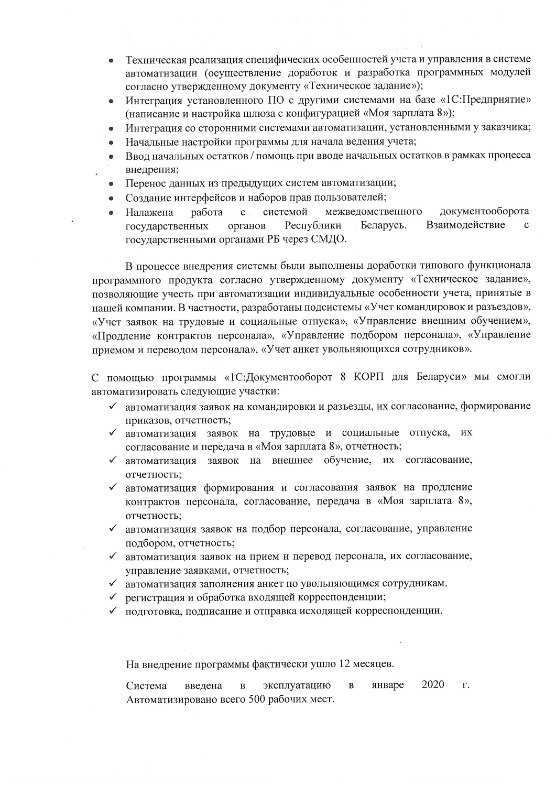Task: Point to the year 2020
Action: click(432, 685)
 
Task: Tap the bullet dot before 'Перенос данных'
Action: click(111, 184)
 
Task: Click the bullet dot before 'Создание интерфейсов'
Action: click(111, 198)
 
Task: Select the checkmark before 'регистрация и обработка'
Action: click(112, 597)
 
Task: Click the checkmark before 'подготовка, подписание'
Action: click(112, 610)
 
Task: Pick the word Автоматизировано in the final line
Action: click(167, 700)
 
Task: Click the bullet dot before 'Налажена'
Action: click(111, 212)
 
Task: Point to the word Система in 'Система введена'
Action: click(146, 685)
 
